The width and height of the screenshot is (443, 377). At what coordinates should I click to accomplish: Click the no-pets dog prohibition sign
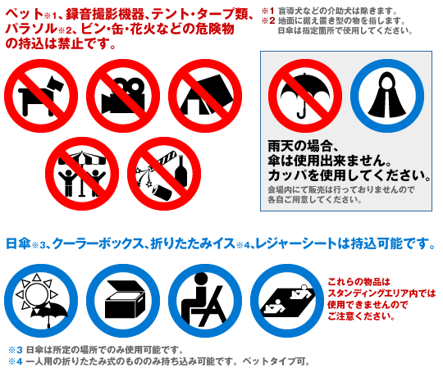click(x=41, y=96)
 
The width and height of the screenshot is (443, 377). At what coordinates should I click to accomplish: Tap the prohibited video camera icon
click(x=123, y=96)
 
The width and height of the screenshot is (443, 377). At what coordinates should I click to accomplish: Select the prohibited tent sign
click(x=205, y=96)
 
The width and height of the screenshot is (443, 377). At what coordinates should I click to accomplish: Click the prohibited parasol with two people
click(x=82, y=174)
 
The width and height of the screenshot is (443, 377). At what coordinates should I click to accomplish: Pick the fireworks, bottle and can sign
click(x=164, y=174)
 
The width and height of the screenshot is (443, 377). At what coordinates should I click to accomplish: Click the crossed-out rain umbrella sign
click(x=305, y=96)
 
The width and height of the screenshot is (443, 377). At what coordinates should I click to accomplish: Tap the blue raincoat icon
click(x=387, y=96)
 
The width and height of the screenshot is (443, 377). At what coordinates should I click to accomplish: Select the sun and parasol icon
click(x=41, y=301)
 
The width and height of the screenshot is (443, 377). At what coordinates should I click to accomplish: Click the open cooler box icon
click(x=123, y=301)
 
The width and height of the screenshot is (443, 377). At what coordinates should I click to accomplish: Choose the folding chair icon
click(x=205, y=301)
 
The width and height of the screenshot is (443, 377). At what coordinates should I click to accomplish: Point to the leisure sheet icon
click(x=287, y=301)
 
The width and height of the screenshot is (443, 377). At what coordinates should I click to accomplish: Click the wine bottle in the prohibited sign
click(x=181, y=171)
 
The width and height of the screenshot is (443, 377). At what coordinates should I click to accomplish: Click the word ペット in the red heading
click(x=25, y=14)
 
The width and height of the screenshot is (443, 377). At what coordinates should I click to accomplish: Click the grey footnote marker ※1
click(x=267, y=11)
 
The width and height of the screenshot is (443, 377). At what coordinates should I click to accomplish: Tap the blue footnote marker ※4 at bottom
click(x=16, y=361)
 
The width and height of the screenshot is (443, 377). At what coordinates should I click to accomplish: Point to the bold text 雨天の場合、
click(x=303, y=146)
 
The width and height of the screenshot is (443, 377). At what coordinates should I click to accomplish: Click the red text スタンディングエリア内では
click(x=381, y=293)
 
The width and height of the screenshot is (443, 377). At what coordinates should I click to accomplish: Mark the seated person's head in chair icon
click(x=201, y=279)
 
